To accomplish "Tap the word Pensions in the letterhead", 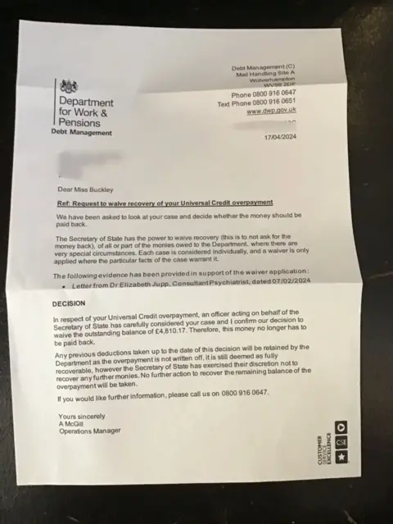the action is pos(79,122).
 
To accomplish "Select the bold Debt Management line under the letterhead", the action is pos(81,131).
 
